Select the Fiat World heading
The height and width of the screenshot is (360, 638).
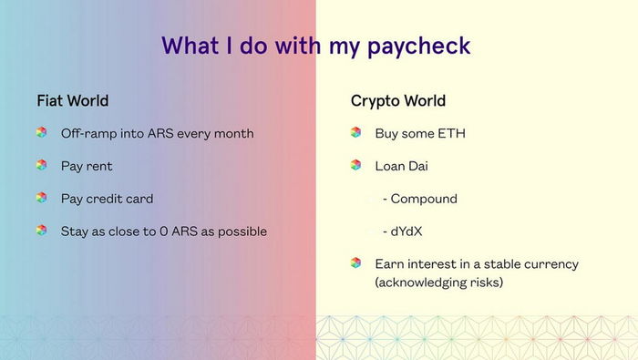pyautogui.click(x=72, y=100)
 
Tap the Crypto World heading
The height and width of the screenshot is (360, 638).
pyautogui.click(x=397, y=100)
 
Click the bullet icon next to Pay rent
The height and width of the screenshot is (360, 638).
pyautogui.click(x=41, y=165)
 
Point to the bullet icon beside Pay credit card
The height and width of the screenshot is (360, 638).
pyautogui.click(x=41, y=198)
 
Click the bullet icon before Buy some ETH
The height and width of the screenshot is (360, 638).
pyautogui.click(x=355, y=132)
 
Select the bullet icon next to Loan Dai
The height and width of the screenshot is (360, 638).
pyautogui.click(x=355, y=165)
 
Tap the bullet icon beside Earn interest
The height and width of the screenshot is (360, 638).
pyautogui.click(x=355, y=262)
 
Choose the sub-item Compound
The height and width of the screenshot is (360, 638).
pyautogui.click(x=424, y=199)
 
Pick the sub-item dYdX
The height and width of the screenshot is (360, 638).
pyautogui.click(x=410, y=231)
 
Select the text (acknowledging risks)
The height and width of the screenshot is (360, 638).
pyautogui.click(x=438, y=283)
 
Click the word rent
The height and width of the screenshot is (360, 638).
pyautogui.click(x=99, y=166)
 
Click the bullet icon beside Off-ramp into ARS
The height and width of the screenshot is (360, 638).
pyautogui.click(x=41, y=132)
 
